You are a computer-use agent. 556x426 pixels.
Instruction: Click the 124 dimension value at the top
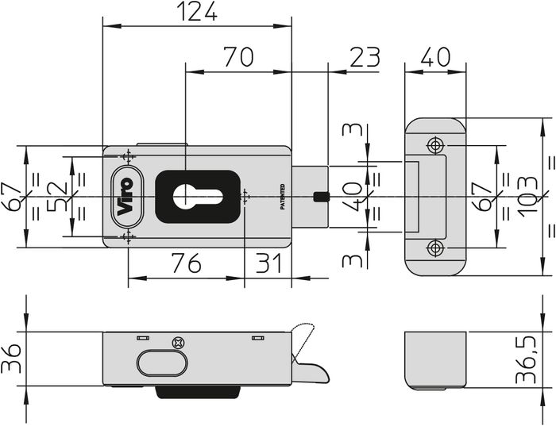[x=197, y=11]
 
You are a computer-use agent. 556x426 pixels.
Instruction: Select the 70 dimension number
[x=238, y=56]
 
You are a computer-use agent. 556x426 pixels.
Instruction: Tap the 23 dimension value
[x=365, y=56]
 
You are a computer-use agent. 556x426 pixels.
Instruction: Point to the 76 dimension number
[x=187, y=263]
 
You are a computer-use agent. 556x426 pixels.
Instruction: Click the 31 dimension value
[x=268, y=263]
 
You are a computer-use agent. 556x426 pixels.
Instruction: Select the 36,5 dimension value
[x=525, y=359]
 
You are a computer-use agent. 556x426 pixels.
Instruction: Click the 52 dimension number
[x=56, y=196]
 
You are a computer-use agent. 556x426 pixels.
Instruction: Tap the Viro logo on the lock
[x=127, y=197]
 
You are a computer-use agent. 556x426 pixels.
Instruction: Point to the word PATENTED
[x=283, y=197]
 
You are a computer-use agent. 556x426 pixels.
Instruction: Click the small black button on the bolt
[x=321, y=197]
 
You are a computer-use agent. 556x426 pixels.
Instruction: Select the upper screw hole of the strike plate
[x=435, y=145]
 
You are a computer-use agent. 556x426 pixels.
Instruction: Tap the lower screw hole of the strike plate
[x=435, y=248]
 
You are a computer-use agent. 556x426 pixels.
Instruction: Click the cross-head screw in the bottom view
[x=179, y=343]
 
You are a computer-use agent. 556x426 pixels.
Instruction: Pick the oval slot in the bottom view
[x=162, y=363]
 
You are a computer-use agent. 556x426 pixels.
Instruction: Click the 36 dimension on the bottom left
[x=10, y=359]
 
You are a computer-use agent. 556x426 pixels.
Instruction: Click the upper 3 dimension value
[x=352, y=129]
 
